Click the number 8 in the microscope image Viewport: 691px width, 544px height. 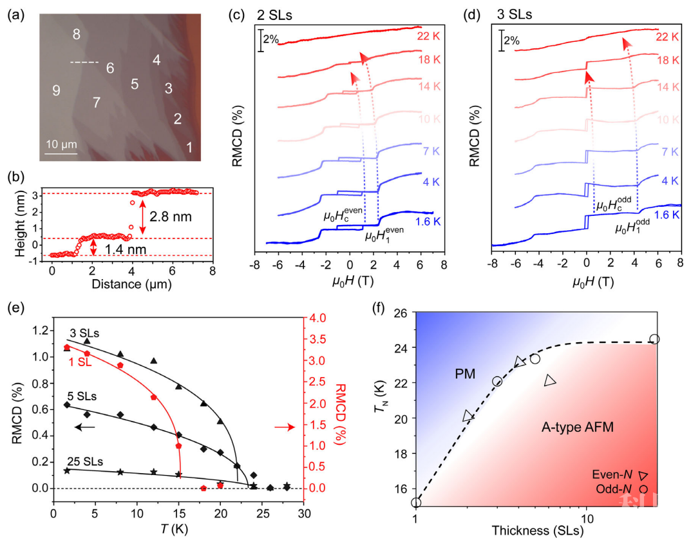tap(77, 35)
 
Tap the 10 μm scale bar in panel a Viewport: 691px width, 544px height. tap(61, 153)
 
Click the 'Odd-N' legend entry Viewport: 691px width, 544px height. tap(616, 489)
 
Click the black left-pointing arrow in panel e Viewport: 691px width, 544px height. tap(84, 427)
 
